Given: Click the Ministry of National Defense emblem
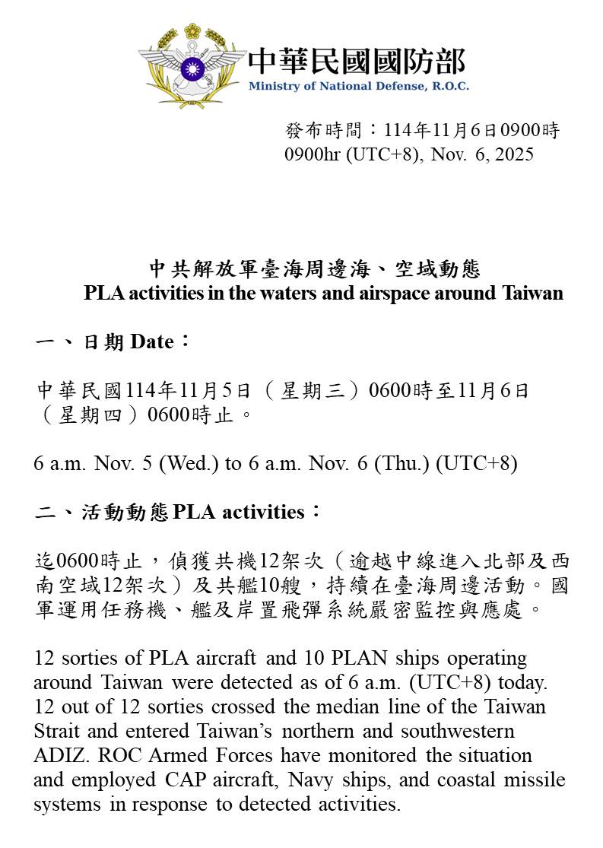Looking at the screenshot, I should (x=192, y=67).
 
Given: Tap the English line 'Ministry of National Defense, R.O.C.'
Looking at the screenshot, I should (x=358, y=86).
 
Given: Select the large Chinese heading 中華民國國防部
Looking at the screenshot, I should (x=357, y=60).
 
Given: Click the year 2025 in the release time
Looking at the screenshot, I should (x=514, y=154).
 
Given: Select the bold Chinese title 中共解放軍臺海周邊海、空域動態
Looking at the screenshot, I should (x=314, y=268).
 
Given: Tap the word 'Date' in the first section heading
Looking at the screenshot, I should (x=152, y=341).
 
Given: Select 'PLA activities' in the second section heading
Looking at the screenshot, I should (x=239, y=512).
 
